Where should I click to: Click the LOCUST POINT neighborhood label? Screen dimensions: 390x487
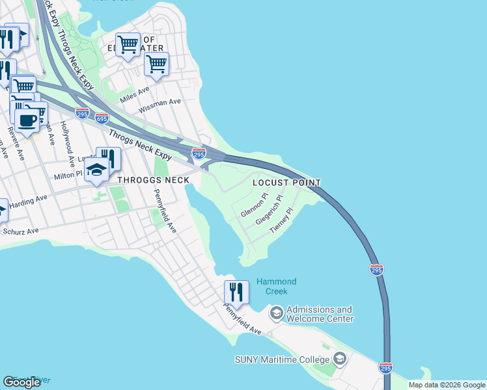pyautogui.click(x=286, y=184)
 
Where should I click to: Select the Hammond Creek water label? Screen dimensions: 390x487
pyautogui.click(x=276, y=287)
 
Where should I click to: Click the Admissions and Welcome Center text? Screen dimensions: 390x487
pyautogui.click(x=320, y=314)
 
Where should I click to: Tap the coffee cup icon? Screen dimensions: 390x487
pyautogui.click(x=27, y=120)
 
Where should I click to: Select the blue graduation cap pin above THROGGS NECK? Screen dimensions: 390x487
pyautogui.click(x=96, y=170)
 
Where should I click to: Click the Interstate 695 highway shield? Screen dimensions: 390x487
pyautogui.click(x=102, y=118)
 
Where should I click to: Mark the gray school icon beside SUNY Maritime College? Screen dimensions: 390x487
pyautogui.click(x=340, y=359)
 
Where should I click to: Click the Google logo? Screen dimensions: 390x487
pyautogui.click(x=21, y=382)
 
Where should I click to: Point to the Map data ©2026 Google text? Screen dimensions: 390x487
pyautogui.click(x=447, y=385)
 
